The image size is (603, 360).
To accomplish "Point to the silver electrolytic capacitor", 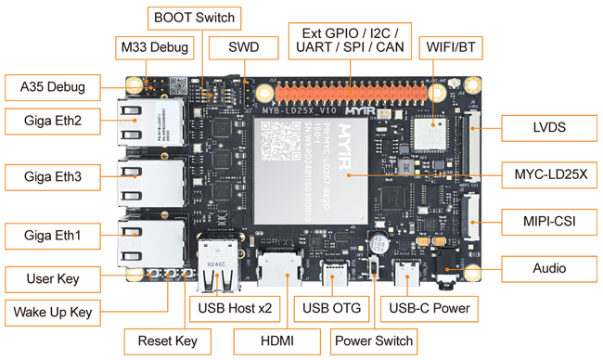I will (378, 244).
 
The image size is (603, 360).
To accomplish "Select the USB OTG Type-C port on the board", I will (335, 273).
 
